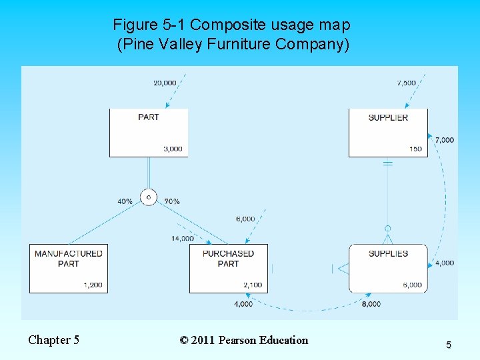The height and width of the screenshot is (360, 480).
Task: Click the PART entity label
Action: pos(148,117)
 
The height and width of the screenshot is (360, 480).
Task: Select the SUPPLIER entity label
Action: pos(388,117)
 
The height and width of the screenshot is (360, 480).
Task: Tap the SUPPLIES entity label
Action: pos(388,253)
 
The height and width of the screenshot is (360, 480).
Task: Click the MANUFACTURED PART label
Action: pos(68,258)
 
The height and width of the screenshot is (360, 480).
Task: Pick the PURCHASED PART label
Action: pos(228,258)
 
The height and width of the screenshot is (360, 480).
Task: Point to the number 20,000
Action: pos(165,83)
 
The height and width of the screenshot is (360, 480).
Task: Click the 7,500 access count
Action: pos(406,83)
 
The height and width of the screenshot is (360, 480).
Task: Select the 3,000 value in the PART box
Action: pos(173,149)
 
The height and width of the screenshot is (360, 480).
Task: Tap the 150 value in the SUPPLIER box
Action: pos(415,149)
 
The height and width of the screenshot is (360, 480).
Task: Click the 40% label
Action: pos(125,201)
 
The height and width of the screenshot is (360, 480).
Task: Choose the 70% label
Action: pos(171,201)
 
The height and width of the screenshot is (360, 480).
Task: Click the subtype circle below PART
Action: pos(148,197)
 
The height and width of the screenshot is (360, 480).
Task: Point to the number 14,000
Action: pos(183,239)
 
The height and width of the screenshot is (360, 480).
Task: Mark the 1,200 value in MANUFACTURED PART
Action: pos(93,285)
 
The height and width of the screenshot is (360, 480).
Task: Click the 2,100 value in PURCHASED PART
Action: pos(253,285)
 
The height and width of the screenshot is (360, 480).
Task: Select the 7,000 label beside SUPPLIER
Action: pos(445,140)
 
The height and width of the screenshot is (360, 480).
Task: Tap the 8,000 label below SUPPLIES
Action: pos(371,304)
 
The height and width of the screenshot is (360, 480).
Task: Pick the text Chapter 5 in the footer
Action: pos(53,340)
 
